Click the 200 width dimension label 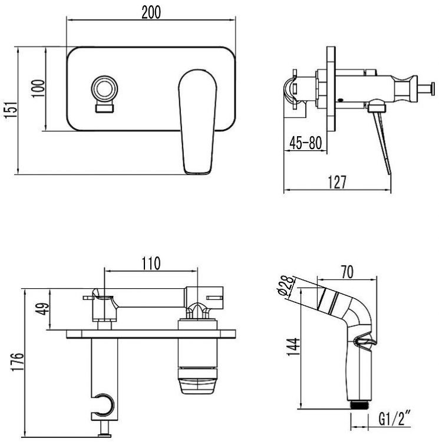(151, 13)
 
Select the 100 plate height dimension (38, 89)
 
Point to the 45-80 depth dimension (305, 143)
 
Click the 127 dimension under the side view (337, 182)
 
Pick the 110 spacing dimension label (151, 263)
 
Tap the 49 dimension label (42, 309)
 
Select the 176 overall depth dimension (17, 362)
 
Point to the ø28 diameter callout (285, 285)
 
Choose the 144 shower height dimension (293, 347)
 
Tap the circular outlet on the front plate (104, 89)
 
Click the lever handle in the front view (198, 122)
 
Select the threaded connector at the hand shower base (359, 404)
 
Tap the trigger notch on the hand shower (365, 342)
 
